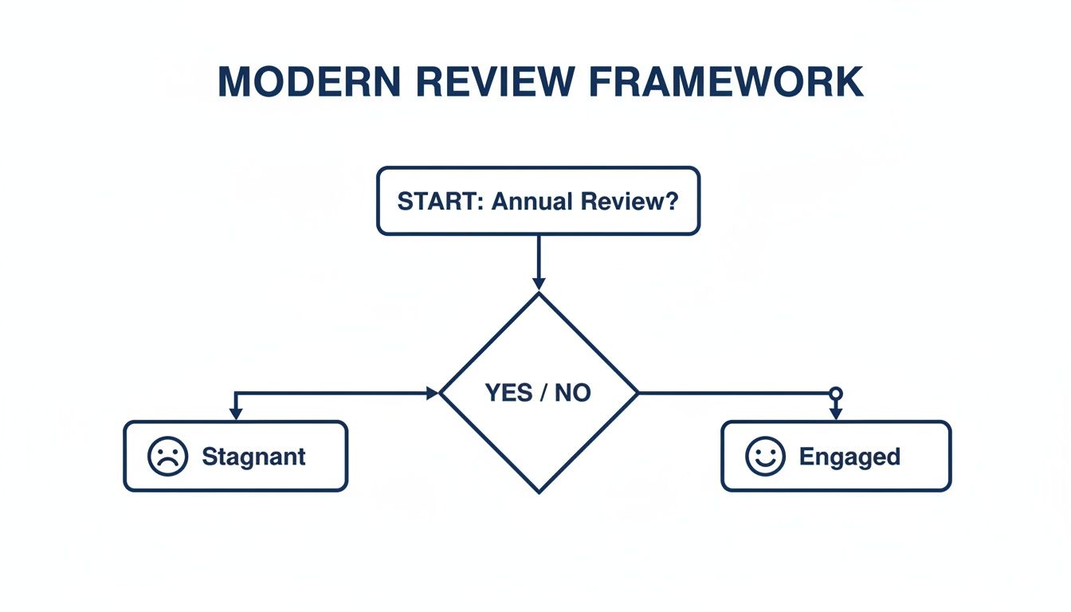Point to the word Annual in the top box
click(x=532, y=201)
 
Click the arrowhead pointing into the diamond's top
click(x=539, y=284)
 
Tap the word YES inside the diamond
click(x=508, y=393)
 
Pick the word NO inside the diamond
click(x=572, y=393)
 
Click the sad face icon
click(x=168, y=457)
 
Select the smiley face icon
click(x=765, y=457)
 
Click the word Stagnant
click(x=253, y=457)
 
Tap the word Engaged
click(x=849, y=457)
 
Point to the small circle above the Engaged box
click(x=835, y=393)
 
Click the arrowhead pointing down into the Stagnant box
click(x=235, y=414)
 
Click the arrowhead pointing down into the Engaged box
click(x=835, y=414)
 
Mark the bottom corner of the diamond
click(x=539, y=492)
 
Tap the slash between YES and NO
click(x=541, y=393)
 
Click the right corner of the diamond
click(x=637, y=393)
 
